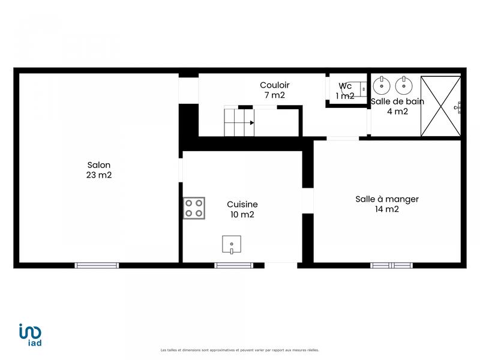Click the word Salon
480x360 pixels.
(99, 165)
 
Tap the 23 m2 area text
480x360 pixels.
(99, 175)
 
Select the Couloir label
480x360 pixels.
(275, 85)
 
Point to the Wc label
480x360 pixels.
(345, 86)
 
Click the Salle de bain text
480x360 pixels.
(397, 101)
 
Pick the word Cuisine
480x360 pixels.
(242, 204)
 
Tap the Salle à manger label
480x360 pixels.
(387, 199)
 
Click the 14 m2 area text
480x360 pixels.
(387, 209)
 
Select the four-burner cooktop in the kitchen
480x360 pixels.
(194, 208)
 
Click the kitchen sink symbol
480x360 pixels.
(232, 245)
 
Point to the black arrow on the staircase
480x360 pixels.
(252, 122)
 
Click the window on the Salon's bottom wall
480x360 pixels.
(97, 265)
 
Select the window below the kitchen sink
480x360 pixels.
(234, 265)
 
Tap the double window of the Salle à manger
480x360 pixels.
(391, 265)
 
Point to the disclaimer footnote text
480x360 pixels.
(240, 350)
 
